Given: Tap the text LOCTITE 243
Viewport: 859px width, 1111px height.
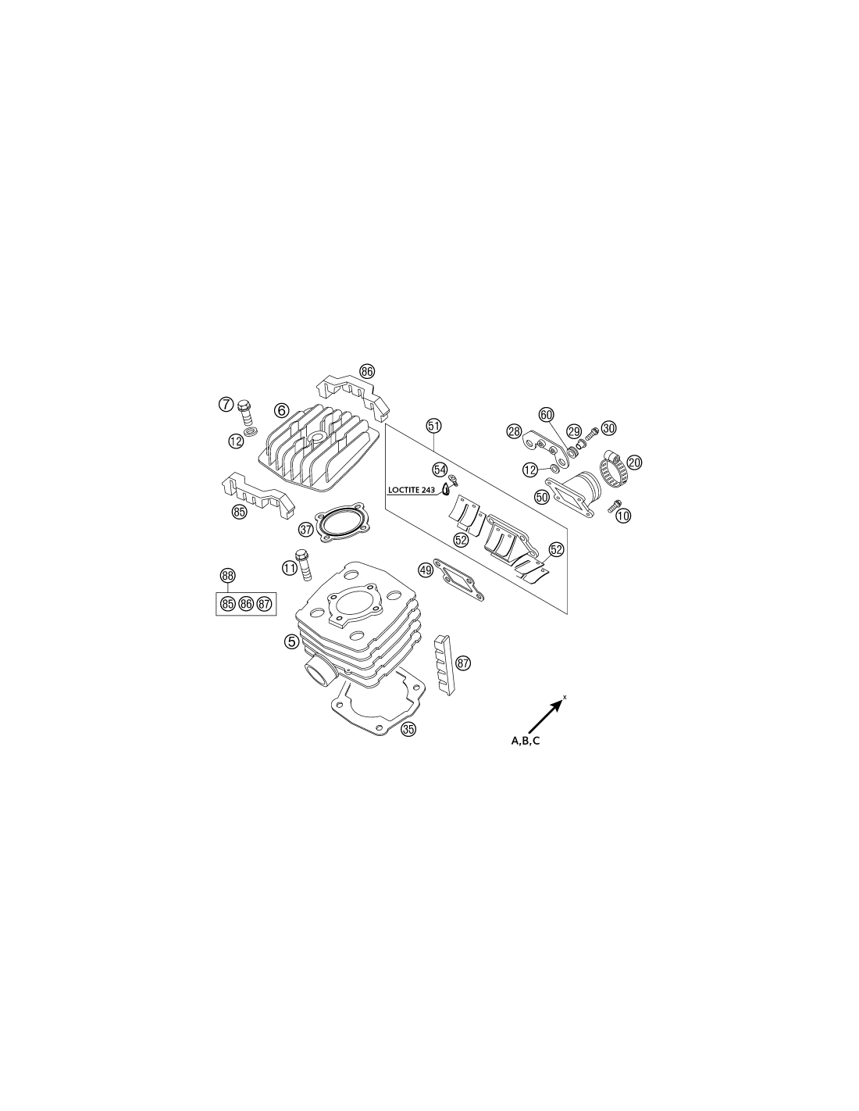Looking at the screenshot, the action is [412, 490].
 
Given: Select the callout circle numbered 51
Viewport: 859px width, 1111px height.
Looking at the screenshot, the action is [434, 425].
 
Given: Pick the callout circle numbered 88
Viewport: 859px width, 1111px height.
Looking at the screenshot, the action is [227, 576].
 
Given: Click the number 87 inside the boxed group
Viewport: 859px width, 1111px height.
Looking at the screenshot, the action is [264, 604].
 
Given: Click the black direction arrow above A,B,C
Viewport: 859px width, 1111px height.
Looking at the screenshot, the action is [545, 716].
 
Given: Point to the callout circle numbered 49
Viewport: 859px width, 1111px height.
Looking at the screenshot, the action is [426, 570].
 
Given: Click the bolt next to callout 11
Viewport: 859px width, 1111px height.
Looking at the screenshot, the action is [303, 564].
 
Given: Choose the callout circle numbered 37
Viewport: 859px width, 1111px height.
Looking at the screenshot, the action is [306, 530].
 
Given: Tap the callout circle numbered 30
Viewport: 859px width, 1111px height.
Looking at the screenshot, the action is [608, 428].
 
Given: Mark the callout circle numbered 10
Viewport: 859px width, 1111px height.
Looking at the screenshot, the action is [623, 516].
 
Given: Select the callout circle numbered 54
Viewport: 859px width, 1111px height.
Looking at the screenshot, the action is [439, 469].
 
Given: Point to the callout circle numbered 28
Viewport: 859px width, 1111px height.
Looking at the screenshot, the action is [514, 431].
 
